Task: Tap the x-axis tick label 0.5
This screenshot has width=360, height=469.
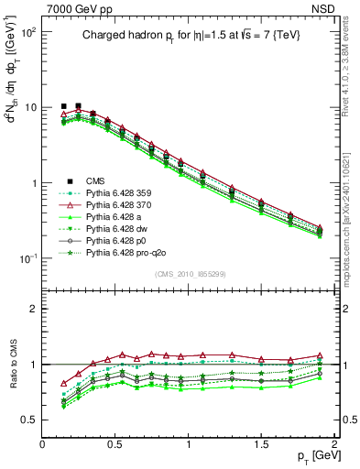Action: pos(115,444)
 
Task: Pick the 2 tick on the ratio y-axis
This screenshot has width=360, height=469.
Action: pos(32,309)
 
